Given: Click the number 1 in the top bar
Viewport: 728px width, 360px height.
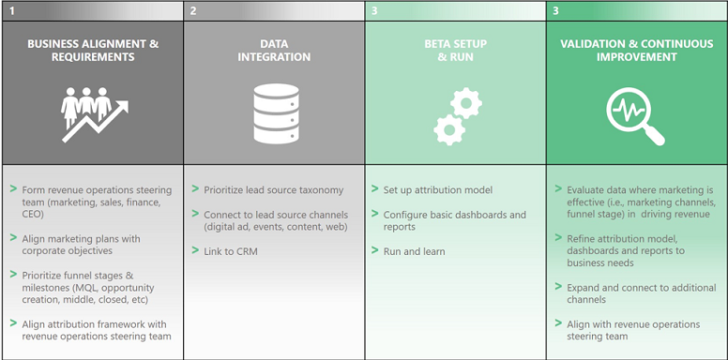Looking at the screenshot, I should point(12,11).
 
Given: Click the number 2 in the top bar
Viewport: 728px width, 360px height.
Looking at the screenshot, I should point(193,11).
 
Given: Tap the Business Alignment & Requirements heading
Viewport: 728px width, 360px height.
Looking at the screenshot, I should point(93,50).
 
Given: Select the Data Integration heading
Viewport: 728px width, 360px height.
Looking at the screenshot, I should point(273,50).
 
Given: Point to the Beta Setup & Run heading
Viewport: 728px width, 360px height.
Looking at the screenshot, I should point(456,50).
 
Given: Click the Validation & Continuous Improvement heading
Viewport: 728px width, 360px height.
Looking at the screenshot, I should point(637,50).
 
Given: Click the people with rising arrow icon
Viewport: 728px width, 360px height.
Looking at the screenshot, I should point(93,112).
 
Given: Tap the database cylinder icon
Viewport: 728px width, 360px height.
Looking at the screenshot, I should point(273,112).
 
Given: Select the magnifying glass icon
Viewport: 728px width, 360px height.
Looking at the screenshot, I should point(635,115).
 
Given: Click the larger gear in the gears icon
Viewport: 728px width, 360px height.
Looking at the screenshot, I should point(465,103).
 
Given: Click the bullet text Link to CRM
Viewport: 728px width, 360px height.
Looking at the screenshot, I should point(230,251).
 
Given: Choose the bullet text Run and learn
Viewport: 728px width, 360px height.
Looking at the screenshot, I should point(414,251).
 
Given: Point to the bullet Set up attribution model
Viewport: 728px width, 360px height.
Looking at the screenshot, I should point(437,190).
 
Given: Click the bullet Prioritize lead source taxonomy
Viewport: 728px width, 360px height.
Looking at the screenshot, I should point(273,190).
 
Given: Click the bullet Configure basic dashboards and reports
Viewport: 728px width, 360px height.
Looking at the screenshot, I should point(454,220).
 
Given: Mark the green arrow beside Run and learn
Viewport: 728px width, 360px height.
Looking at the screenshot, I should point(374,251).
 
